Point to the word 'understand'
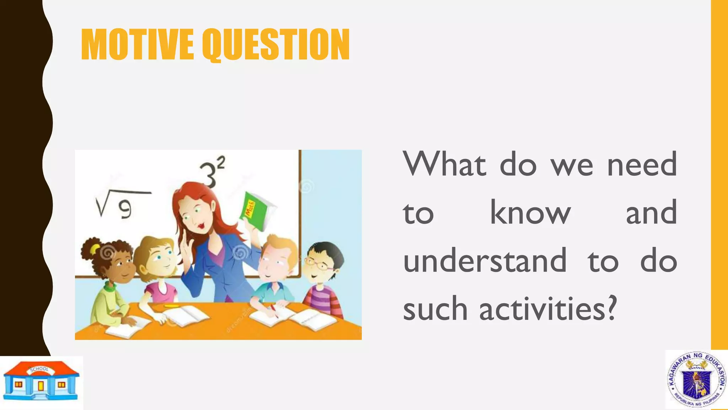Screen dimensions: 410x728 point(485,261)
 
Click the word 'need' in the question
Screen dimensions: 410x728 point(642,164)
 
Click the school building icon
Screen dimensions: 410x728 point(41,381)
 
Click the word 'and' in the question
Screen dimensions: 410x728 point(651,213)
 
